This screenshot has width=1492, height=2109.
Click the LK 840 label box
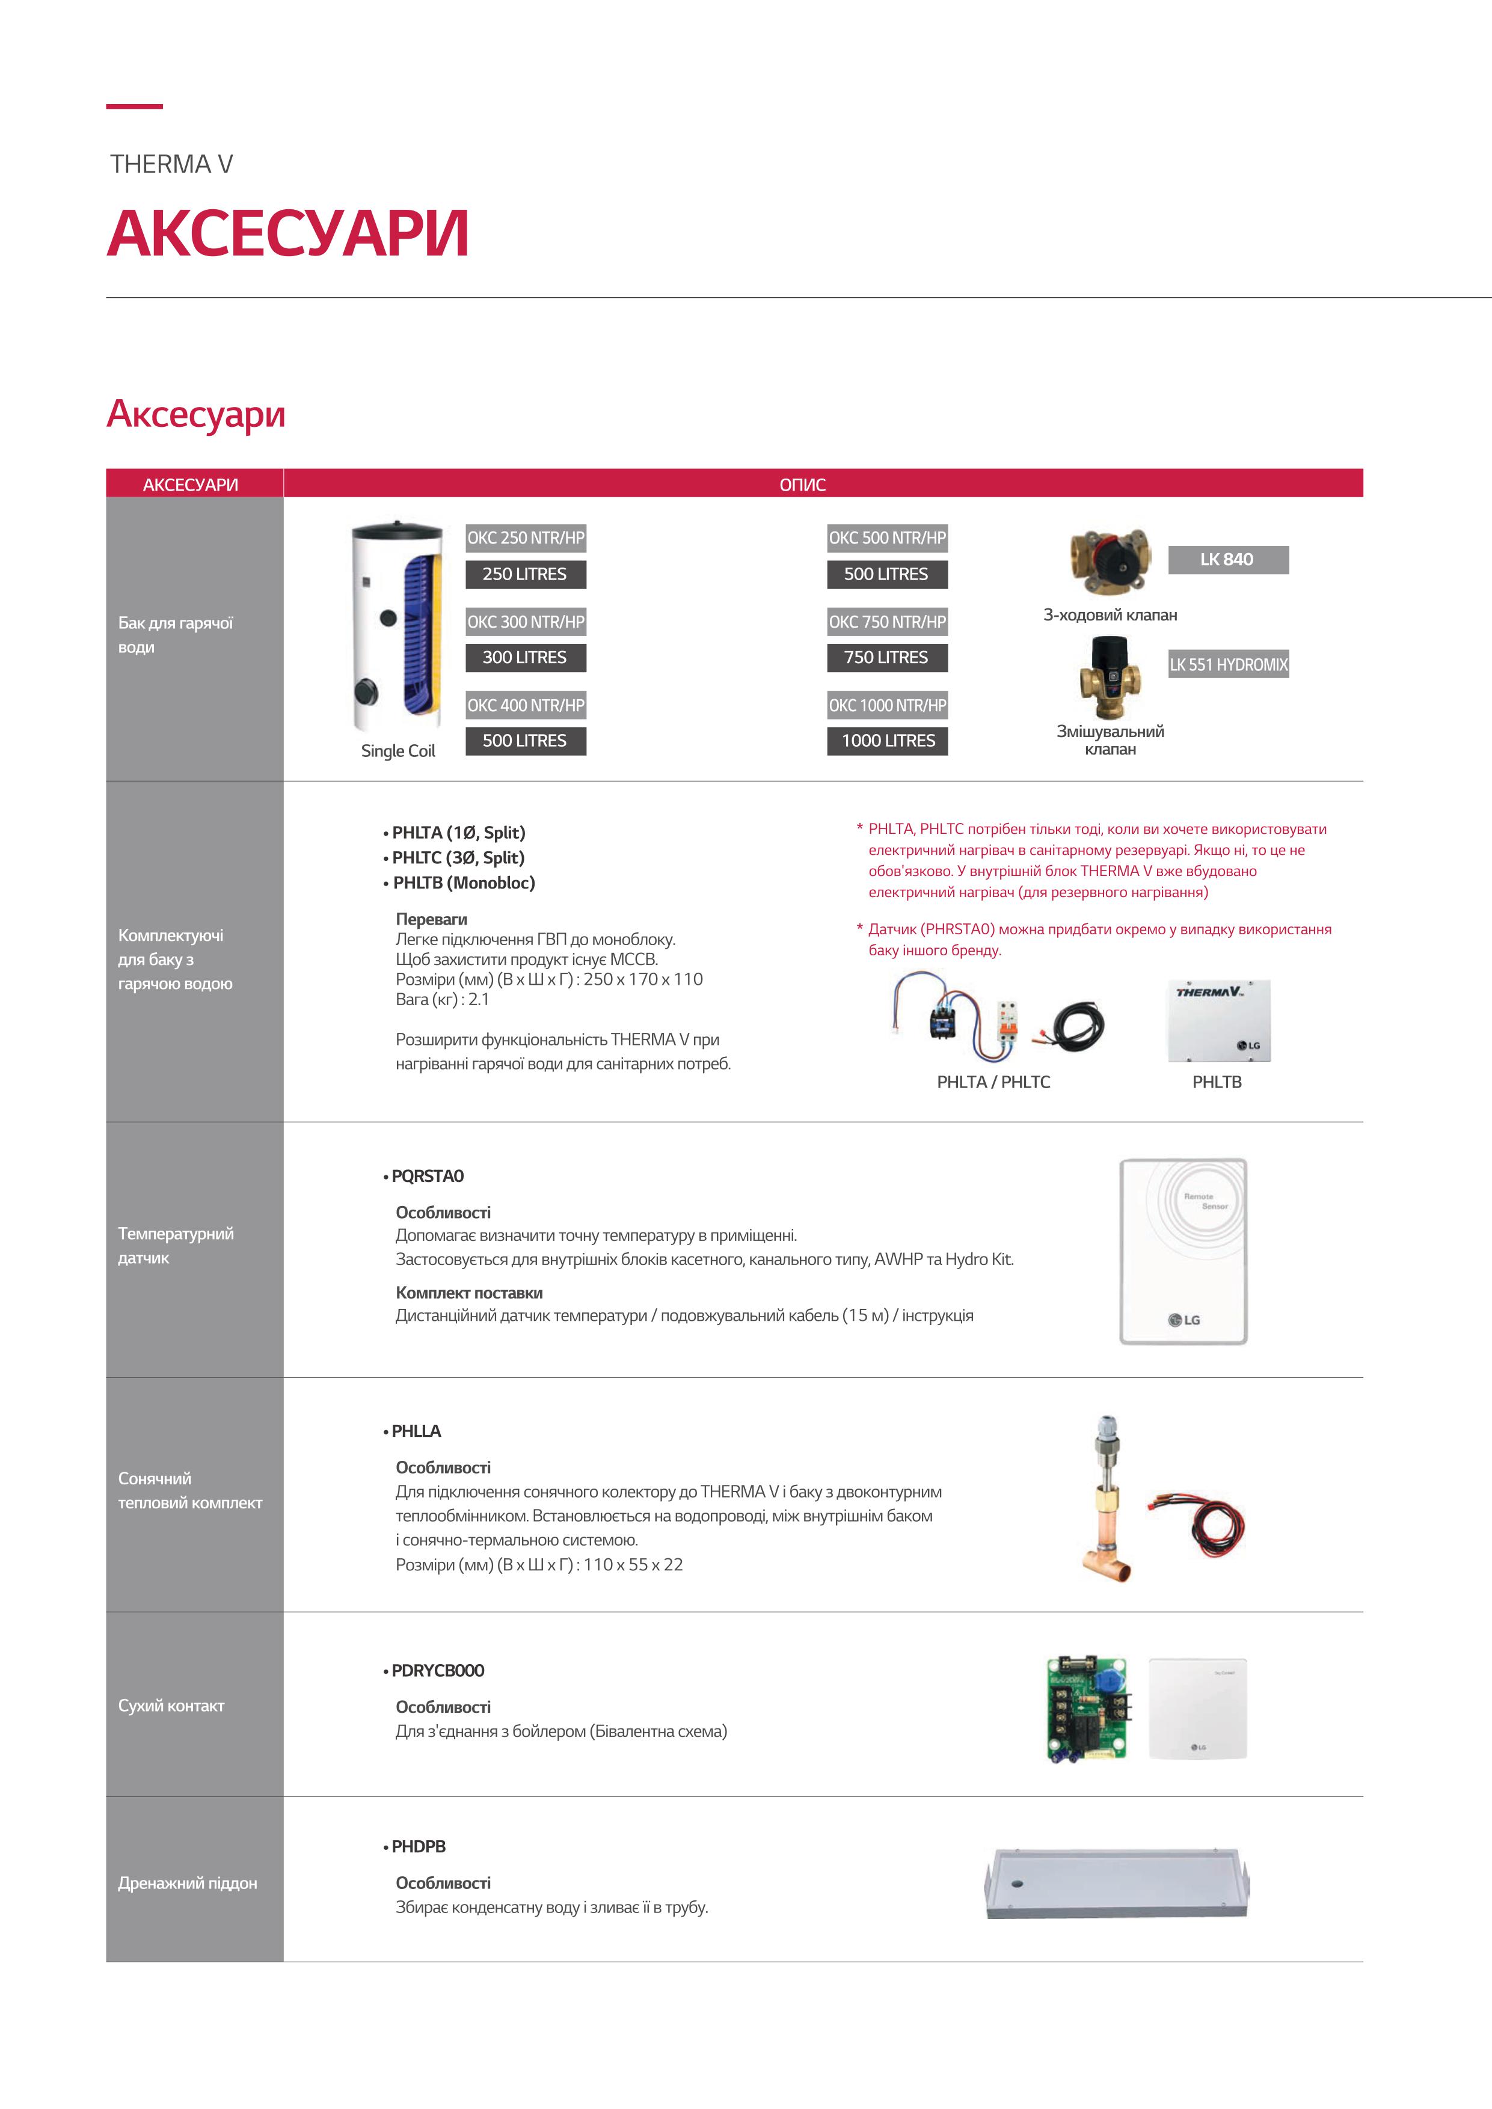coord(1227,559)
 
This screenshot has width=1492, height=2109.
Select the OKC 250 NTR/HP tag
coord(526,538)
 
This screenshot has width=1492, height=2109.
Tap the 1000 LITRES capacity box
coord(888,740)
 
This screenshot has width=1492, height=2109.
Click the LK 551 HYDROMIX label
coord(1229,664)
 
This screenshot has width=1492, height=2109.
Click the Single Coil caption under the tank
coord(398,750)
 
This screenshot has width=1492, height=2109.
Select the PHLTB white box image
coord(1219,1020)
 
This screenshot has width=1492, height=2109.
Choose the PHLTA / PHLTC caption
coord(993,1082)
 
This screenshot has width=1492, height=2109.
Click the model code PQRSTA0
coord(427,1176)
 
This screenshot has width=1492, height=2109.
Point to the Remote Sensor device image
coord(1183,1252)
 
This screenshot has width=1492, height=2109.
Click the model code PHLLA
coord(416,1431)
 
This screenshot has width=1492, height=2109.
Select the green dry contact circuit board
coord(1087,1709)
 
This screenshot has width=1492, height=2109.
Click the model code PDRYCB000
coord(437,1670)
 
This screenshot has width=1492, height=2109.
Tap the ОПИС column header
coord(802,484)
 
